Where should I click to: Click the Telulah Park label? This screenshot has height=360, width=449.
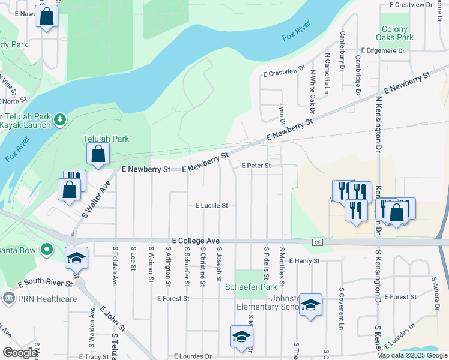[x=106, y=139]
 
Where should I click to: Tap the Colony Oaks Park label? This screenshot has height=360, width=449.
[x=398, y=33]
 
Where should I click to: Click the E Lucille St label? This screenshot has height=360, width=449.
[x=212, y=205]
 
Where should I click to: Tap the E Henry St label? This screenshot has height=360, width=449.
[x=304, y=261]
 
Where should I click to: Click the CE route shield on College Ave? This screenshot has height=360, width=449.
[x=318, y=242]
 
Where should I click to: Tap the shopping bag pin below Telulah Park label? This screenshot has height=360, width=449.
[x=98, y=154]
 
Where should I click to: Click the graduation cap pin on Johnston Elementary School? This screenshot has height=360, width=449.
[x=310, y=305]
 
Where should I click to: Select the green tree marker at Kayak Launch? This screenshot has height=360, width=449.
[x=60, y=120]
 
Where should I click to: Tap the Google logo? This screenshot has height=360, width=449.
[x=20, y=353]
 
